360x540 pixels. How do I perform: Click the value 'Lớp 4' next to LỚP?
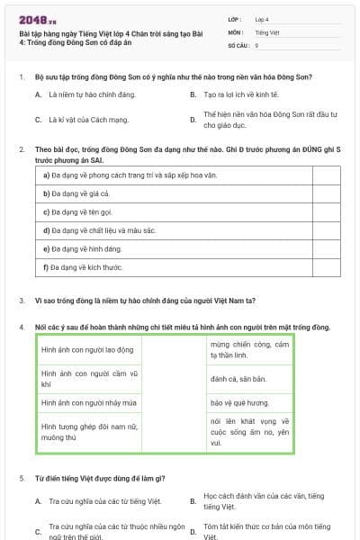(262, 18)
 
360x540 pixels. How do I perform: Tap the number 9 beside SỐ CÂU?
(256, 44)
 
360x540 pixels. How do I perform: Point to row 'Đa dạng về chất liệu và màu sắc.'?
(103, 230)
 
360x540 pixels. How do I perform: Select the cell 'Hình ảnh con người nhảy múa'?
(88, 403)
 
